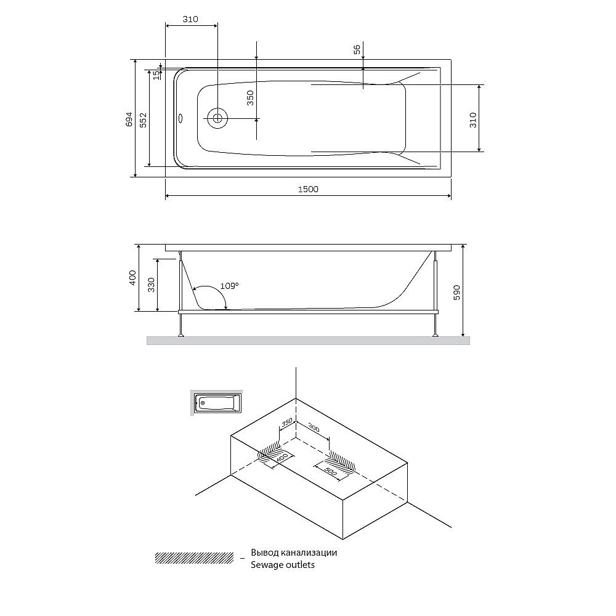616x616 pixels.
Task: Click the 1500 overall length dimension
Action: (308, 189)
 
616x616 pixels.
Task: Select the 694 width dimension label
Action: (129, 118)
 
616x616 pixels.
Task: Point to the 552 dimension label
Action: (143, 118)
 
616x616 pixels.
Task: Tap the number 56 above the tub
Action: (357, 50)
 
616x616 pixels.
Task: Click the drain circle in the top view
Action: (217, 117)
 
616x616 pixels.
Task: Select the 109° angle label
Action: (229, 286)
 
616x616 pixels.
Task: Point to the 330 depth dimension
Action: (152, 284)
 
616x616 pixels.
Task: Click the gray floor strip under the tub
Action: (308, 341)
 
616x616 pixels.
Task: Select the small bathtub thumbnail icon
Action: (216, 403)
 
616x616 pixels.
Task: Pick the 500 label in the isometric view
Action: (330, 473)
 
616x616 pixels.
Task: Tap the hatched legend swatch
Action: (194, 557)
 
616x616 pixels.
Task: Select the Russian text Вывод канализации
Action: (294, 553)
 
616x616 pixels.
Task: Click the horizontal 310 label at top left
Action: (190, 19)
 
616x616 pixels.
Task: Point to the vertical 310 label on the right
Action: (473, 118)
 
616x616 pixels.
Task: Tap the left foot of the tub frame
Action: (180, 334)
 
